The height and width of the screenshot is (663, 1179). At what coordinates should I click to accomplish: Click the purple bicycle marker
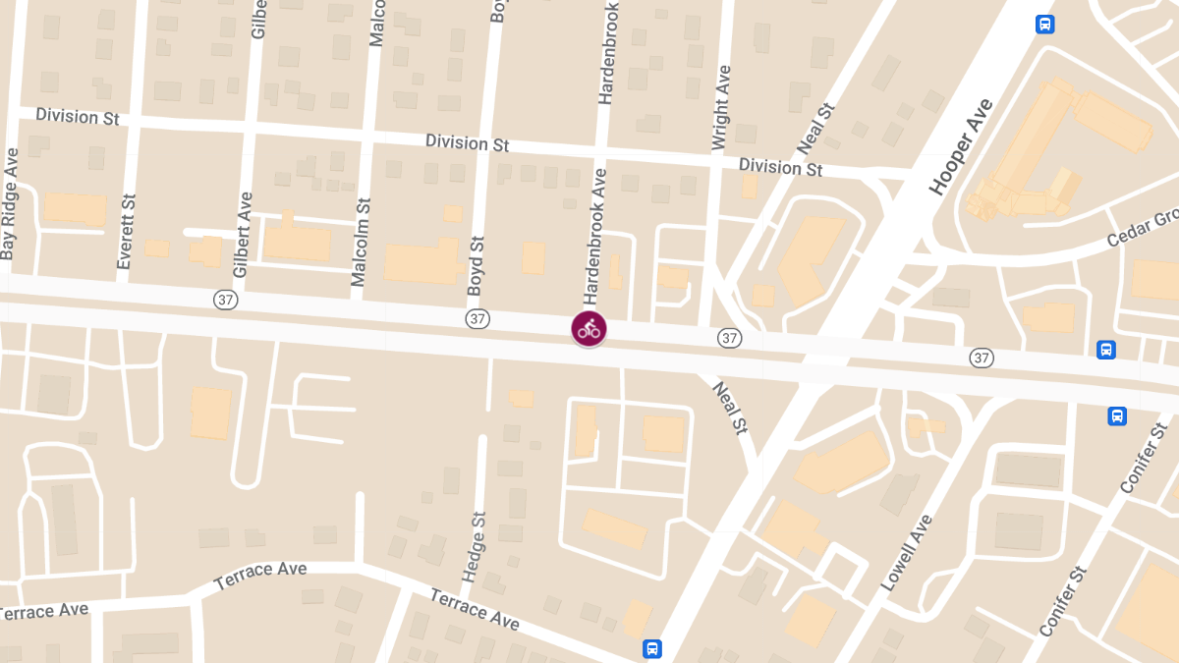(589, 329)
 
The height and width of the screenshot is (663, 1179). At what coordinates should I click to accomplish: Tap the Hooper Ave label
(961, 147)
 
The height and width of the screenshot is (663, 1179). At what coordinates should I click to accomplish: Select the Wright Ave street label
(721, 108)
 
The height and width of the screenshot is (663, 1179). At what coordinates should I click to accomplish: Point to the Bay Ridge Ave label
(10, 204)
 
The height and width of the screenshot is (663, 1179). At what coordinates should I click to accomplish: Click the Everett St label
(126, 231)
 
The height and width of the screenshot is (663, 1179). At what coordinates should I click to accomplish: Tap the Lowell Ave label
(906, 552)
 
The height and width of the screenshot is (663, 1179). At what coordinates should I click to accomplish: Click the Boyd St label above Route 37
(477, 266)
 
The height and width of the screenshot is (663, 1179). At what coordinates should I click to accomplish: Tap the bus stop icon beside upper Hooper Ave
(1044, 24)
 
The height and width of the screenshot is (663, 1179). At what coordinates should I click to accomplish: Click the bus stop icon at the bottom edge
(651, 648)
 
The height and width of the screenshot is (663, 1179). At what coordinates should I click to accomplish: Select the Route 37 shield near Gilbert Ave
(226, 298)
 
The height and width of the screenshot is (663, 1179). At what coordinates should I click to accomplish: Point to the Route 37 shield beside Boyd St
(477, 318)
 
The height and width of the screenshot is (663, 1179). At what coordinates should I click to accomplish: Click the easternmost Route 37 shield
(981, 358)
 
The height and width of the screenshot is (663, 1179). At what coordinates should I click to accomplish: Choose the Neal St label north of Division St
(815, 129)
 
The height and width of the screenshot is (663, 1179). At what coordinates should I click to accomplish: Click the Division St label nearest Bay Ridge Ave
(77, 116)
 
